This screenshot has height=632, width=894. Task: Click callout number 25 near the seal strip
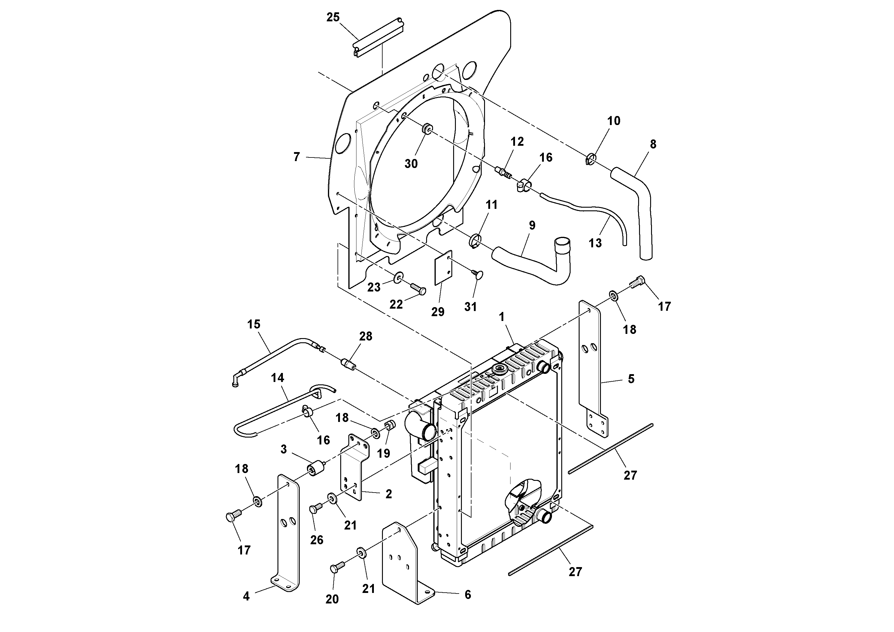coord(333,17)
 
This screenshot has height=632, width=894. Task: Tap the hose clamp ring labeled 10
coord(591,159)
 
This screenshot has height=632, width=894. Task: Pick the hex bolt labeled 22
coord(418,289)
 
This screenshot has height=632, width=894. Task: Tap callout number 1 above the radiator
coord(502,317)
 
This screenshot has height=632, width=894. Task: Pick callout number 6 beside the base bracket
coord(468,595)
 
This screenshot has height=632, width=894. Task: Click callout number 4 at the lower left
coord(246,597)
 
